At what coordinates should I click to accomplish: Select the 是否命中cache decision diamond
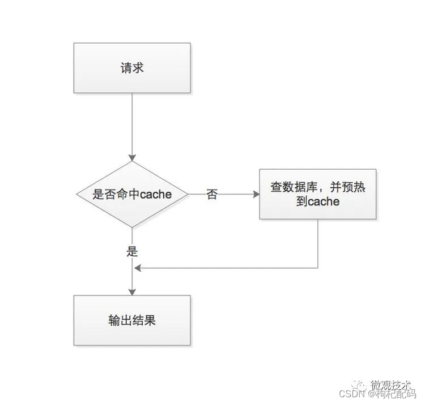pyautogui.click(x=132, y=195)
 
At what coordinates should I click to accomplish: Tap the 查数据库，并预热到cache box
pyautogui.click(x=317, y=194)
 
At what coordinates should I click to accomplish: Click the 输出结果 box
pyautogui.click(x=132, y=320)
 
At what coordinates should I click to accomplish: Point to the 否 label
pyautogui.click(x=212, y=195)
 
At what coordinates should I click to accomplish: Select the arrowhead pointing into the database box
pyautogui.click(x=255, y=195)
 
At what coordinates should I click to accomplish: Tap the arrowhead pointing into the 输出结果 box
pyautogui.click(x=132, y=291)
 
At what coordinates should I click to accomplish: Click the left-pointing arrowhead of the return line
pyautogui.click(x=137, y=268)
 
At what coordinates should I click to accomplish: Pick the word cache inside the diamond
pyautogui.click(x=156, y=195)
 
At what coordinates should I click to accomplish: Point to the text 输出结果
pyautogui.click(x=132, y=320)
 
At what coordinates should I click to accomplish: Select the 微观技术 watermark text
pyautogui.click(x=393, y=383)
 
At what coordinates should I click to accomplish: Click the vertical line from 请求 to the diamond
pyautogui.click(x=132, y=124)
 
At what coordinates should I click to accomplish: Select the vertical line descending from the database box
pyautogui.click(x=317, y=243)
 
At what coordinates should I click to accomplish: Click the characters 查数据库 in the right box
pyautogui.click(x=291, y=187)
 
